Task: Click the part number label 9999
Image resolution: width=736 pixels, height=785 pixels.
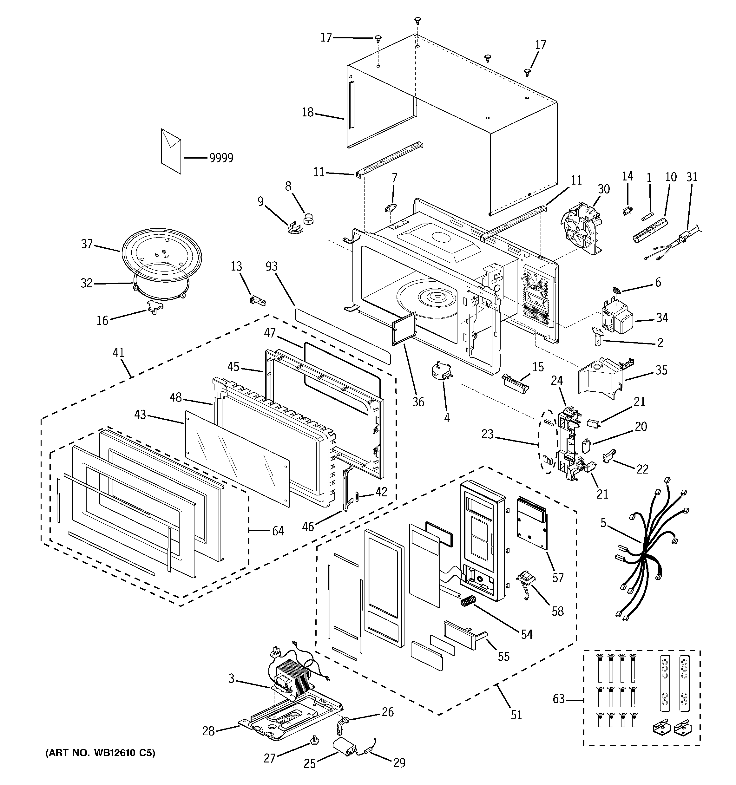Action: tap(221, 158)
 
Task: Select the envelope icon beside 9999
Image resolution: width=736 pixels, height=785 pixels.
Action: tap(171, 151)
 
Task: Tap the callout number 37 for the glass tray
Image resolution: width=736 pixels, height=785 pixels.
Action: tap(87, 244)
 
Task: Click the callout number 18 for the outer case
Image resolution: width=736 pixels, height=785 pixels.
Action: tap(308, 113)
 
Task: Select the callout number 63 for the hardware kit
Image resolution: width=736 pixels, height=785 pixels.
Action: tap(559, 699)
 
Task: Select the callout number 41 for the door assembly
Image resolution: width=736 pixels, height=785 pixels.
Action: tap(119, 352)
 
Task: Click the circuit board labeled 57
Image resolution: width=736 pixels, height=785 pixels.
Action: tap(532, 523)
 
